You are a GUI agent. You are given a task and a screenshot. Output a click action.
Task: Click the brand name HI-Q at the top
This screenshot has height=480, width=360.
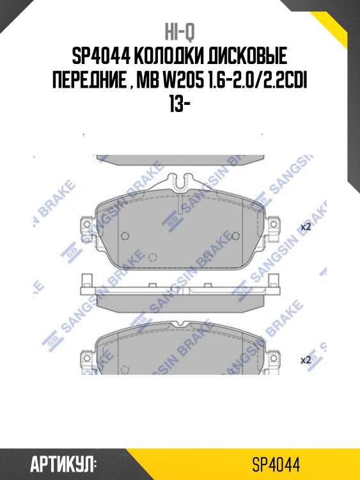click(180, 31)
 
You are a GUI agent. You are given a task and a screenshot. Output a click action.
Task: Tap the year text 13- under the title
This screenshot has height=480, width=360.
click(180, 104)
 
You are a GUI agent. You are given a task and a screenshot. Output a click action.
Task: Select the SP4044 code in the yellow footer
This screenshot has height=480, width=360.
click(276, 464)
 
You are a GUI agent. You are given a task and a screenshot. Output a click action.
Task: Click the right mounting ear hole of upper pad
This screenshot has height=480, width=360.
click(275, 226)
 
